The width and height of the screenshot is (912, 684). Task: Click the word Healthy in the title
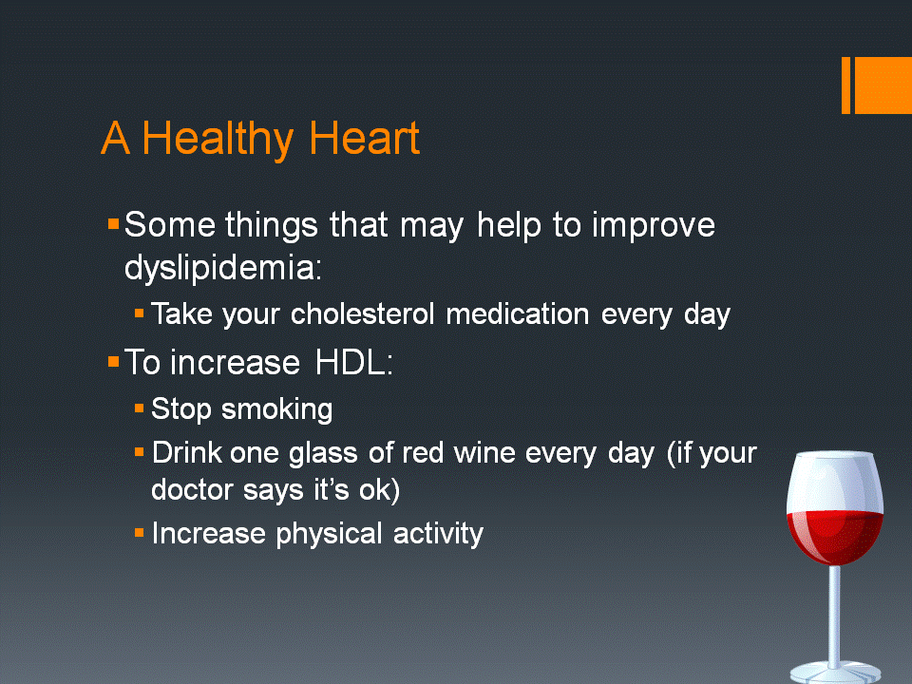pyautogui.click(x=218, y=139)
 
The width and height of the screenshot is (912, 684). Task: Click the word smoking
pyautogui.click(x=276, y=409)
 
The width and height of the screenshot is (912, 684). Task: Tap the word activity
pyautogui.click(x=438, y=534)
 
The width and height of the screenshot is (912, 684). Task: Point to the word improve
pyautogui.click(x=655, y=226)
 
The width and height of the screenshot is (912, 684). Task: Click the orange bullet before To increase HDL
pyautogui.click(x=113, y=361)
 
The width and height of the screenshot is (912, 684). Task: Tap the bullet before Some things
pyautogui.click(x=113, y=224)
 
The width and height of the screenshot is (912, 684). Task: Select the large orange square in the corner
pyautogui.click(x=883, y=85)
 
